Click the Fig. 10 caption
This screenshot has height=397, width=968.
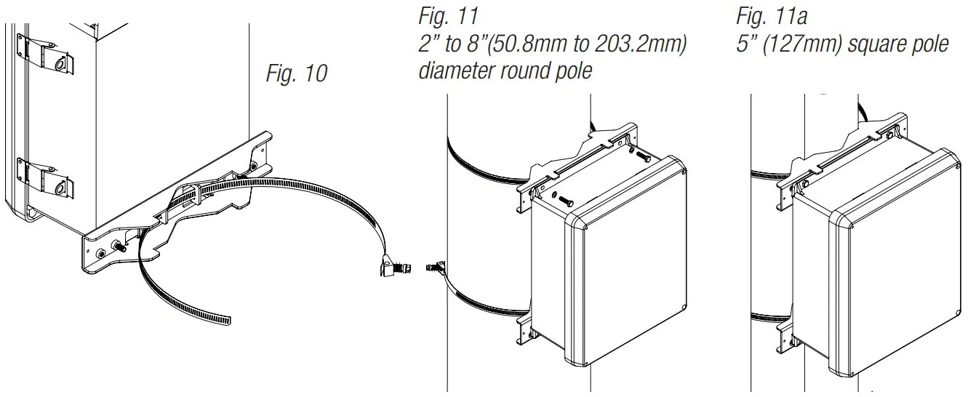point(297,74)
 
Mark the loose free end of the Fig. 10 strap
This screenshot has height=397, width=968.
point(222,320)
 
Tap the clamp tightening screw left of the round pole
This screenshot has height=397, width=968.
point(436,268)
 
